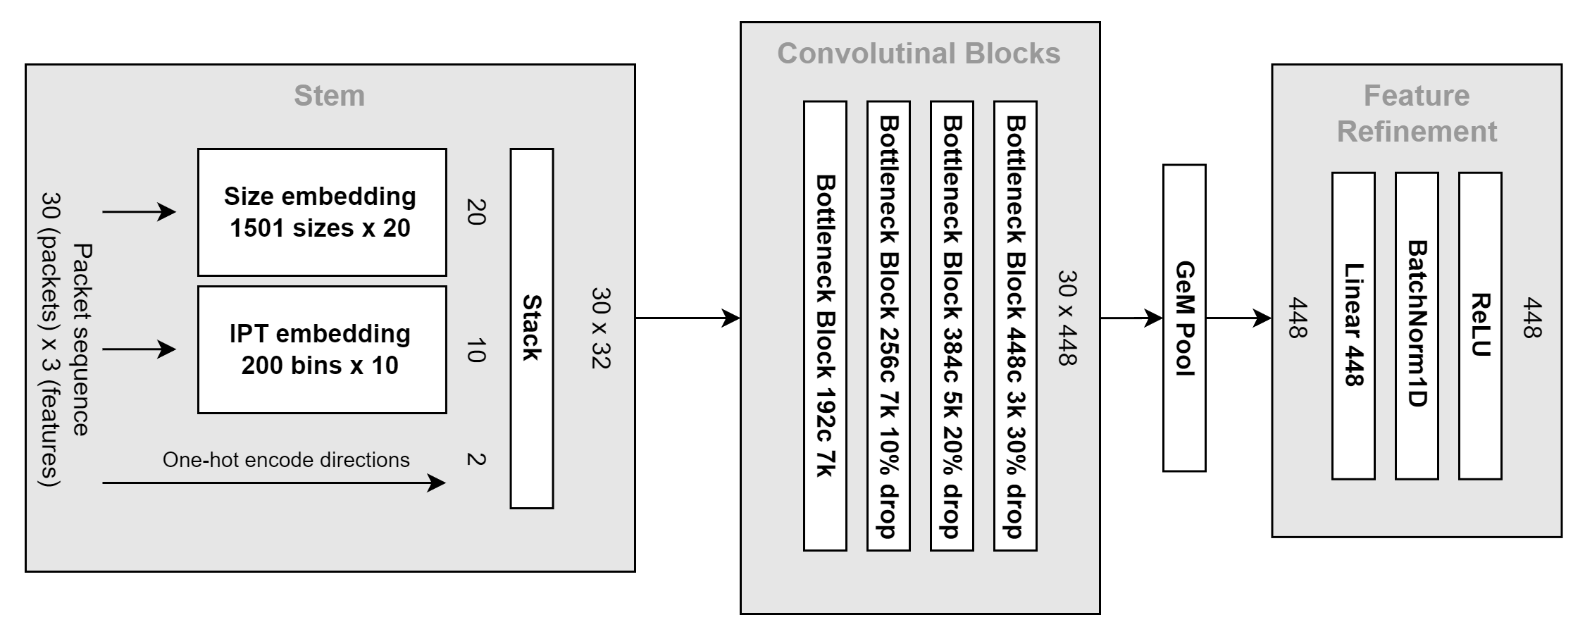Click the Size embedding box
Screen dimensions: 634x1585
pyautogui.click(x=321, y=212)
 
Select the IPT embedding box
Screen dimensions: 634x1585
pyautogui.click(x=321, y=349)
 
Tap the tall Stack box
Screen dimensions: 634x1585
pyautogui.click(x=531, y=328)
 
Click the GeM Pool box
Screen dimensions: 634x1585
pyautogui.click(x=1183, y=318)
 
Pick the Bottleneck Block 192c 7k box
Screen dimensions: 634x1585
pyautogui.click(x=824, y=325)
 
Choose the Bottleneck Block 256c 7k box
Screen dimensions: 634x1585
pyautogui.click(x=888, y=325)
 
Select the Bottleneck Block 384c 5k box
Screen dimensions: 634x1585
pyautogui.click(x=951, y=325)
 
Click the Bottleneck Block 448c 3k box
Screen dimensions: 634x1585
pyautogui.click(x=1014, y=325)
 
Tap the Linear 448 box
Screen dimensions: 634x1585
pyautogui.click(x=1353, y=325)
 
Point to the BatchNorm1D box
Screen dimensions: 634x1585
pyautogui.click(x=1416, y=325)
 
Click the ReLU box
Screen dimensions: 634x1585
pyautogui.click(x=1479, y=325)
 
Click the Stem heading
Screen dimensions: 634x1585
pyautogui.click(x=329, y=96)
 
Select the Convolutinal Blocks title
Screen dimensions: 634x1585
pyautogui.click(x=919, y=54)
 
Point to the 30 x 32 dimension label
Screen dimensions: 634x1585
pyautogui.click(x=600, y=328)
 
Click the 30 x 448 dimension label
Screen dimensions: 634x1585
pyautogui.click(x=1067, y=318)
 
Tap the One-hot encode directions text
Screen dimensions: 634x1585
pyautogui.click(x=285, y=460)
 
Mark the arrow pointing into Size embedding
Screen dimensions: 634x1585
pyautogui.click(x=139, y=211)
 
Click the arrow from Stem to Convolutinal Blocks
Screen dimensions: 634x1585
pyautogui.click(x=687, y=318)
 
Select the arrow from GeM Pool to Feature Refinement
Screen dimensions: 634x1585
pyautogui.click(x=1238, y=318)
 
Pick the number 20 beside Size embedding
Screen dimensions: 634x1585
pyautogui.click(x=476, y=211)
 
